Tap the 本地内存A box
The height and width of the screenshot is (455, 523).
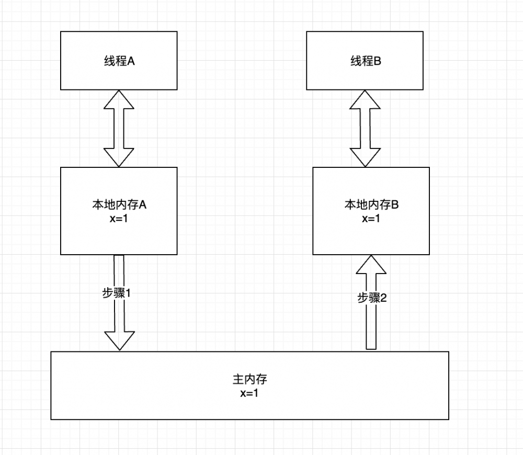click(119, 235)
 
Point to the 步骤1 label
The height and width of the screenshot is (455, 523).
click(116, 293)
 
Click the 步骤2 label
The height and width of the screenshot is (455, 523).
click(372, 298)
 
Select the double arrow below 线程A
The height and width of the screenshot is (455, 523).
click(119, 129)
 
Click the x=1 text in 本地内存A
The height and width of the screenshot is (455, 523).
click(119, 219)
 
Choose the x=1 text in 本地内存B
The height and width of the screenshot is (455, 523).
click(371, 219)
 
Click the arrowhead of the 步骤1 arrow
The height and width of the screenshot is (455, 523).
click(119, 340)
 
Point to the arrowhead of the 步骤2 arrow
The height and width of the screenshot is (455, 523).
click(371, 265)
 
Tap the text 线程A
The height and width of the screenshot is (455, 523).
click(119, 61)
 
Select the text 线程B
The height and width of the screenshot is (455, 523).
click(365, 61)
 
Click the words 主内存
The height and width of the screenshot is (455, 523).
click(249, 379)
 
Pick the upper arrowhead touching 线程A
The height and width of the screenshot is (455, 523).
click(119, 99)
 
